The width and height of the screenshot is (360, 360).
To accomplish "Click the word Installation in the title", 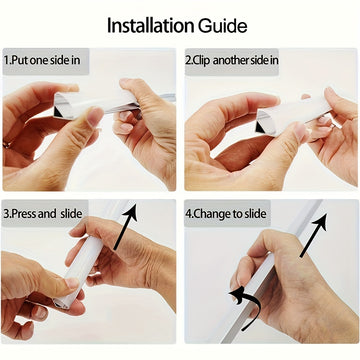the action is point(152,26).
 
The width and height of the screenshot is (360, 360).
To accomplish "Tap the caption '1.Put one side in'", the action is point(42,61).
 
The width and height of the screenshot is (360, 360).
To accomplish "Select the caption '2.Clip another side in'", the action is point(232,60).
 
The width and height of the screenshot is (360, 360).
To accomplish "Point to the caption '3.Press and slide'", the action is point(43,214).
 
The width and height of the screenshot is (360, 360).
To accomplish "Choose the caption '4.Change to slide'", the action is point(226,214).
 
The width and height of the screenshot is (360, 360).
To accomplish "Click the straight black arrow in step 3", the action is point(126,226).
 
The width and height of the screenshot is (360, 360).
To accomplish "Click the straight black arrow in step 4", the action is point(313,236).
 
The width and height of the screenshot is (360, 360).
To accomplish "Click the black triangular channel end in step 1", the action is point(58,113).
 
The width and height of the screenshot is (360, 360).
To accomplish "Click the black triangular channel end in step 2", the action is point(260,128).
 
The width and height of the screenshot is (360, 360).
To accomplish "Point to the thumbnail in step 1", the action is point(94,115).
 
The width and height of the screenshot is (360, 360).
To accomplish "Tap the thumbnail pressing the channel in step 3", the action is point(72,284).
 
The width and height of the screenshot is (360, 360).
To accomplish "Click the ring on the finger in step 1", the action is point(6,145).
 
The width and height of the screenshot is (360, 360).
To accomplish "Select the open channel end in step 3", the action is point(61,303).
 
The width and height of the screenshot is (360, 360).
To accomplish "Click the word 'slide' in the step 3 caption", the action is point(71,214).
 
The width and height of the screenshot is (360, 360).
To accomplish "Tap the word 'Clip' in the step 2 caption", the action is point(202,61).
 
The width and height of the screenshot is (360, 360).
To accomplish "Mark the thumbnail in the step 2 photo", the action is point(301,132).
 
